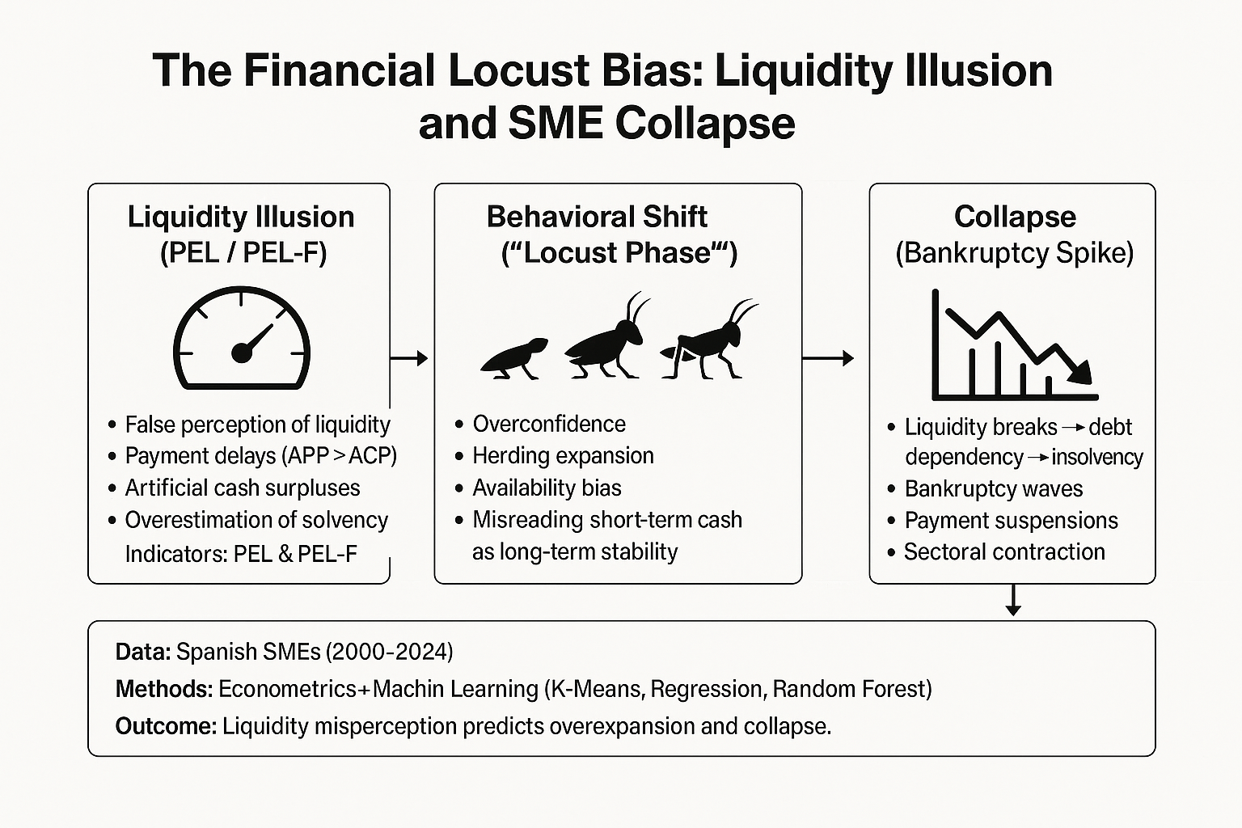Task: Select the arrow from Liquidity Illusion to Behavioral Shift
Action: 409,357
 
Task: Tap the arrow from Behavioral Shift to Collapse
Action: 829,357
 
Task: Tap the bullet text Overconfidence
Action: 549,424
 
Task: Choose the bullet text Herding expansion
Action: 563,455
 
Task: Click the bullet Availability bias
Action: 547,488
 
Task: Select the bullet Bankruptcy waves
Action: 993,488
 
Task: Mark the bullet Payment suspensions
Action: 1011,520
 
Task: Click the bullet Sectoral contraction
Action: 1004,551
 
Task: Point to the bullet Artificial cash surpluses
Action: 242,488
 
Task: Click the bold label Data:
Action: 142,652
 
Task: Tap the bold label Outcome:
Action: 166,726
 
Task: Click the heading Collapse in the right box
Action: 1015,217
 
